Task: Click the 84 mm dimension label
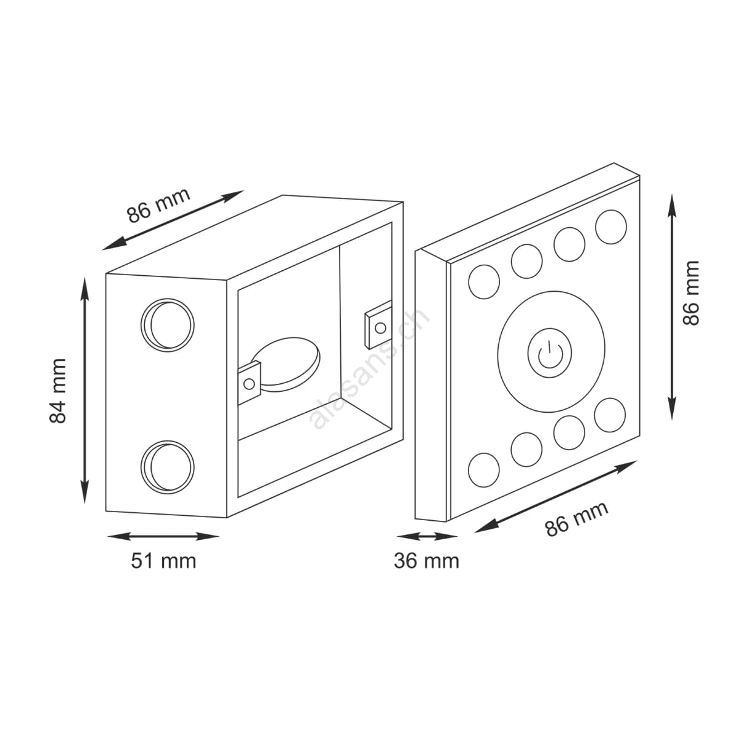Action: [58, 391]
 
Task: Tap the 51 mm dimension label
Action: [163, 561]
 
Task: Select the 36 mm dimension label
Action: [426, 561]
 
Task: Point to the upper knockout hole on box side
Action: [167, 326]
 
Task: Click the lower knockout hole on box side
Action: [167, 467]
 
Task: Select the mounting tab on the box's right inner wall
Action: [378, 325]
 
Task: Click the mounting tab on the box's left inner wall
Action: [249, 383]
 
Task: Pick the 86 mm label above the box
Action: [158, 205]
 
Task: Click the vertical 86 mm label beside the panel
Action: [691, 293]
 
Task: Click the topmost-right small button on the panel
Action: [610, 227]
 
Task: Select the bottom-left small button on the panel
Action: [484, 470]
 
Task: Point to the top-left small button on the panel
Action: [484, 282]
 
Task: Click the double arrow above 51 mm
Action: [163, 536]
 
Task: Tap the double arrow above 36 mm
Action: [427, 536]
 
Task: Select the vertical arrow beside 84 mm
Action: [85, 391]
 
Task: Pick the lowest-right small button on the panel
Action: [610, 415]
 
